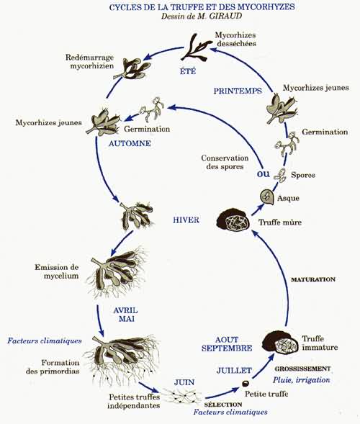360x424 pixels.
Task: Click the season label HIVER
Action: pyautogui.click(x=186, y=220)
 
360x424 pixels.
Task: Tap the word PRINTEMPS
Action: pyautogui.click(x=238, y=91)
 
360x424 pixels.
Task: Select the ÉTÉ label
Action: pyautogui.click(x=188, y=71)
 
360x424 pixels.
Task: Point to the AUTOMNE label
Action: pyautogui.click(x=130, y=143)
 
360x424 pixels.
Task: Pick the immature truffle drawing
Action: pyautogui.click(x=280, y=342)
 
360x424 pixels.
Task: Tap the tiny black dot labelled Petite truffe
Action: pyautogui.click(x=246, y=384)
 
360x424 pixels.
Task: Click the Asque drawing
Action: pyautogui.click(x=267, y=197)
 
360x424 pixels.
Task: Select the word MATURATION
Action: pyautogui.click(x=313, y=279)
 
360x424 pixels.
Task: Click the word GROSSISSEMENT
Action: pyautogui.click(x=302, y=369)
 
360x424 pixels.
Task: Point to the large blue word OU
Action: pyautogui.click(x=264, y=173)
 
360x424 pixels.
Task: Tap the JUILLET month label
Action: pyautogui.click(x=234, y=371)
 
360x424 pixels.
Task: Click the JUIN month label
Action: pyautogui.click(x=184, y=382)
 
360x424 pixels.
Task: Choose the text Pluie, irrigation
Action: pyautogui.click(x=301, y=380)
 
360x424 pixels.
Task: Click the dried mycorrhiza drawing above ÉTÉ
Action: pyautogui.click(x=196, y=48)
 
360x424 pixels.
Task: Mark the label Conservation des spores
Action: pyautogui.click(x=225, y=162)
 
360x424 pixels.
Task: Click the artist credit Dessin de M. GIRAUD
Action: pyautogui.click(x=202, y=16)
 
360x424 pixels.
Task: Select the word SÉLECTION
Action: pyautogui.click(x=223, y=405)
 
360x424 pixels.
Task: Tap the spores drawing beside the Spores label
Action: pyautogui.click(x=280, y=175)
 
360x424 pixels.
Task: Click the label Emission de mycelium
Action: pyautogui.click(x=57, y=271)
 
